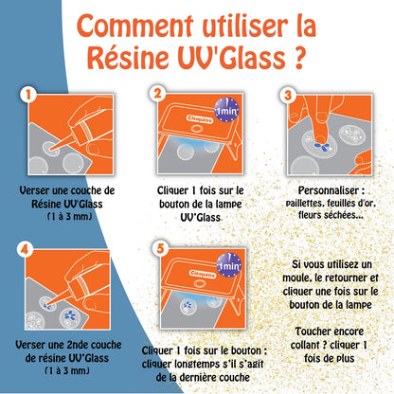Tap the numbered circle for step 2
tap(156, 95)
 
